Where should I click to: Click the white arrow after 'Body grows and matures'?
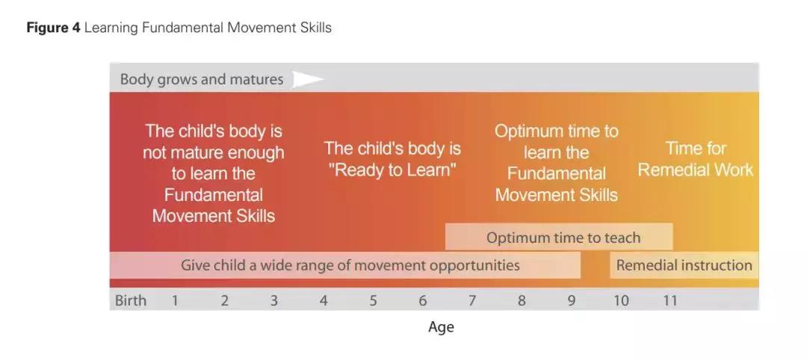pyautogui.click(x=307, y=79)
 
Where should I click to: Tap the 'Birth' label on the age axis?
pyautogui.click(x=131, y=300)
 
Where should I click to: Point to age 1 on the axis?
pyautogui.click(x=175, y=300)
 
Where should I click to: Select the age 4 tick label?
pyautogui.click(x=324, y=300)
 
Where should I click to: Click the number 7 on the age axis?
pyautogui.click(x=472, y=300)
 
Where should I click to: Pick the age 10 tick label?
pyautogui.click(x=621, y=300)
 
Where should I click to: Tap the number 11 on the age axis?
pyautogui.click(x=670, y=300)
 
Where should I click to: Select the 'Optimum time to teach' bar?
pyautogui.click(x=559, y=237)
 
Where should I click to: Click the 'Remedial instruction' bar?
pyautogui.click(x=684, y=265)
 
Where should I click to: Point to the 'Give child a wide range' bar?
pyautogui.click(x=345, y=265)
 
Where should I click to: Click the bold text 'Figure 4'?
pyautogui.click(x=54, y=28)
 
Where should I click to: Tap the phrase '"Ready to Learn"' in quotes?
pyautogui.click(x=395, y=170)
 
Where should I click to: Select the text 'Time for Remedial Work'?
pyautogui.click(x=696, y=159)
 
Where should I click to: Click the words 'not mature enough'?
pyautogui.click(x=213, y=153)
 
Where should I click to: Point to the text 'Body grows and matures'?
pyautogui.click(x=202, y=79)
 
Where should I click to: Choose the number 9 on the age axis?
pyautogui.click(x=572, y=300)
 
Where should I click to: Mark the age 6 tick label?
pyautogui.click(x=422, y=300)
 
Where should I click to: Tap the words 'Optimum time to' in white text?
pyautogui.click(x=557, y=131)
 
